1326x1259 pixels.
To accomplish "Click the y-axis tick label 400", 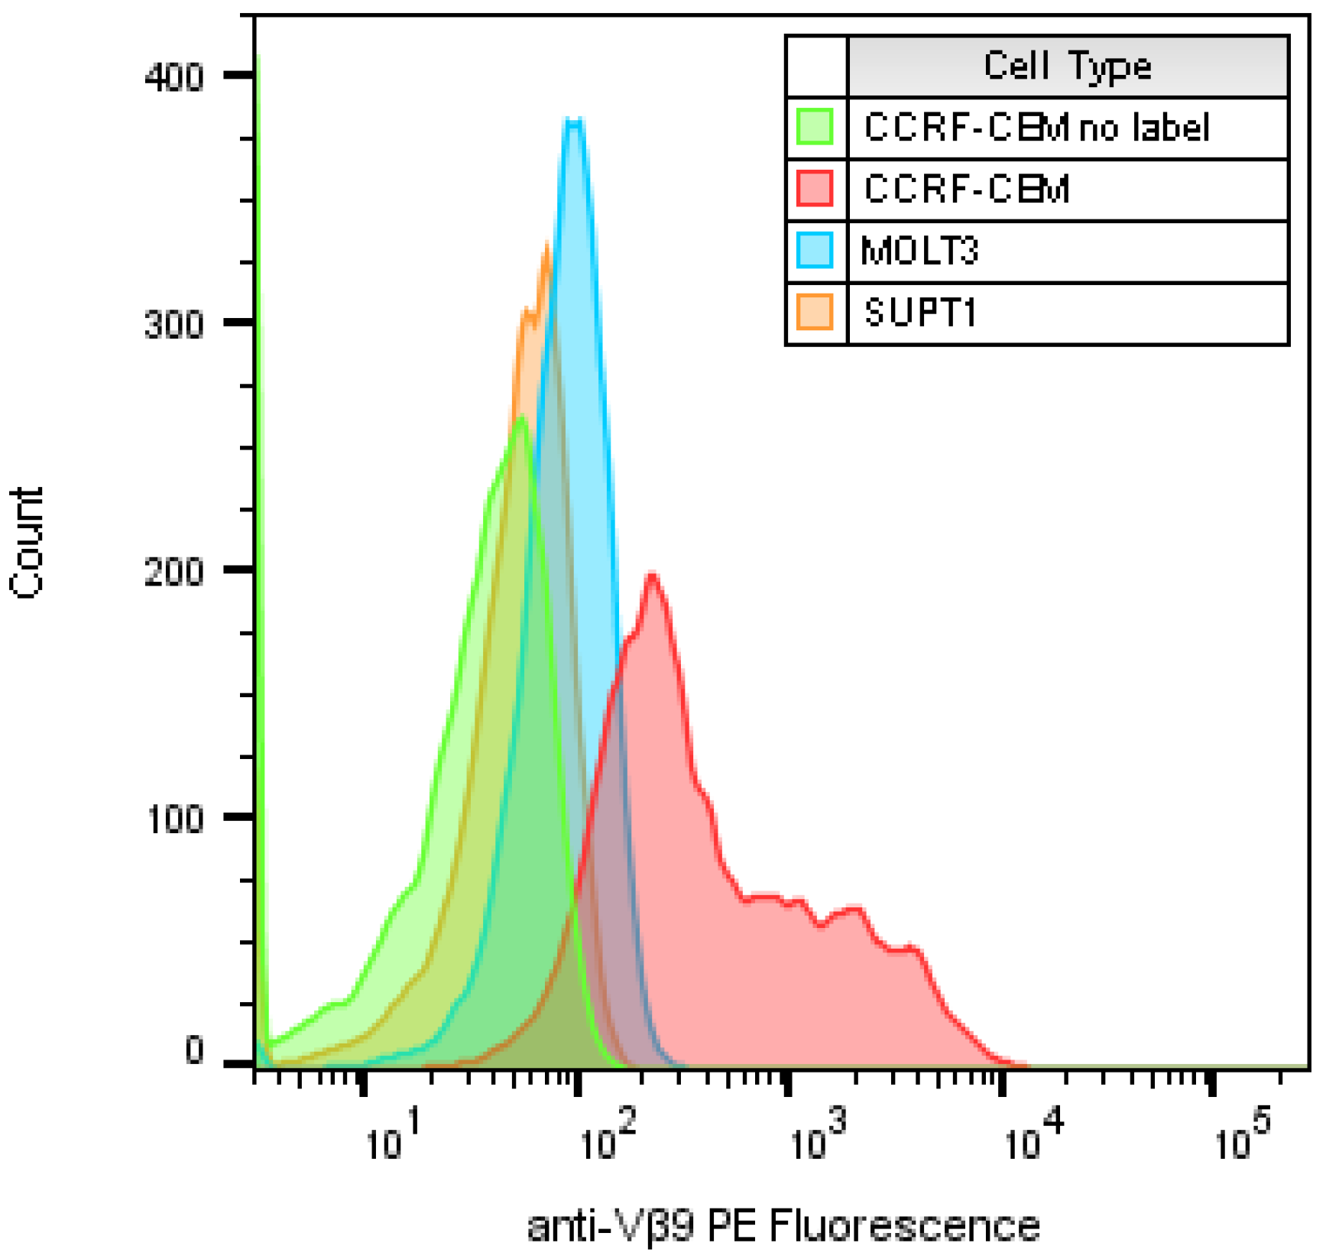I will tap(173, 77).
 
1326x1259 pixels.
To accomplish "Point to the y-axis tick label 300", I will tap(173, 325).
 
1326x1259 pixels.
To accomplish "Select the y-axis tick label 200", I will tap(173, 572).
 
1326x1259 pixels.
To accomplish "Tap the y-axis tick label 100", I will tap(173, 819).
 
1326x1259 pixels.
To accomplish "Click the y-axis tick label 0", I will tap(194, 1051).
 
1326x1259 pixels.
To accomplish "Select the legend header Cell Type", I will tap(1067, 66).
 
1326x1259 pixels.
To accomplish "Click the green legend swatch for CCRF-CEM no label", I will tap(815, 127).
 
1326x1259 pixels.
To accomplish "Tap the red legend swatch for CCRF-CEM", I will tap(815, 189).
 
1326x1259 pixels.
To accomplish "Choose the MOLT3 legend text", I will tap(919, 251).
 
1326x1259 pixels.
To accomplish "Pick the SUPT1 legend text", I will tap(919, 313).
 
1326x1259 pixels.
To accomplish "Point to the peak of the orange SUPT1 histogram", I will tap(546, 246).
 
